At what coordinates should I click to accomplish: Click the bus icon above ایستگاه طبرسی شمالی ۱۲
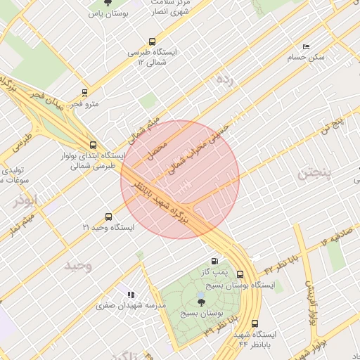coord(152,41)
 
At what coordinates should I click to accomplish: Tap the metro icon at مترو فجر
coord(85,92)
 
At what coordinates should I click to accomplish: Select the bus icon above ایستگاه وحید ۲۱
coord(108,217)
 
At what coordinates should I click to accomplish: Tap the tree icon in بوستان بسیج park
coord(202,302)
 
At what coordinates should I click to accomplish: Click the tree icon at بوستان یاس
coord(107,4)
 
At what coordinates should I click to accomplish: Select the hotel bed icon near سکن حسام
coord(305,46)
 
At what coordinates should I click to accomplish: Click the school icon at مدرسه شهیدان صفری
coord(129,295)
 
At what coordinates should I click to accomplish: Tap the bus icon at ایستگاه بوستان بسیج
coord(240,274)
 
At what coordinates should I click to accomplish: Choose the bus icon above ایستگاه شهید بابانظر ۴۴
coord(255,323)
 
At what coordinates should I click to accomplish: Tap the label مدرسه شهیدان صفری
coord(131,305)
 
